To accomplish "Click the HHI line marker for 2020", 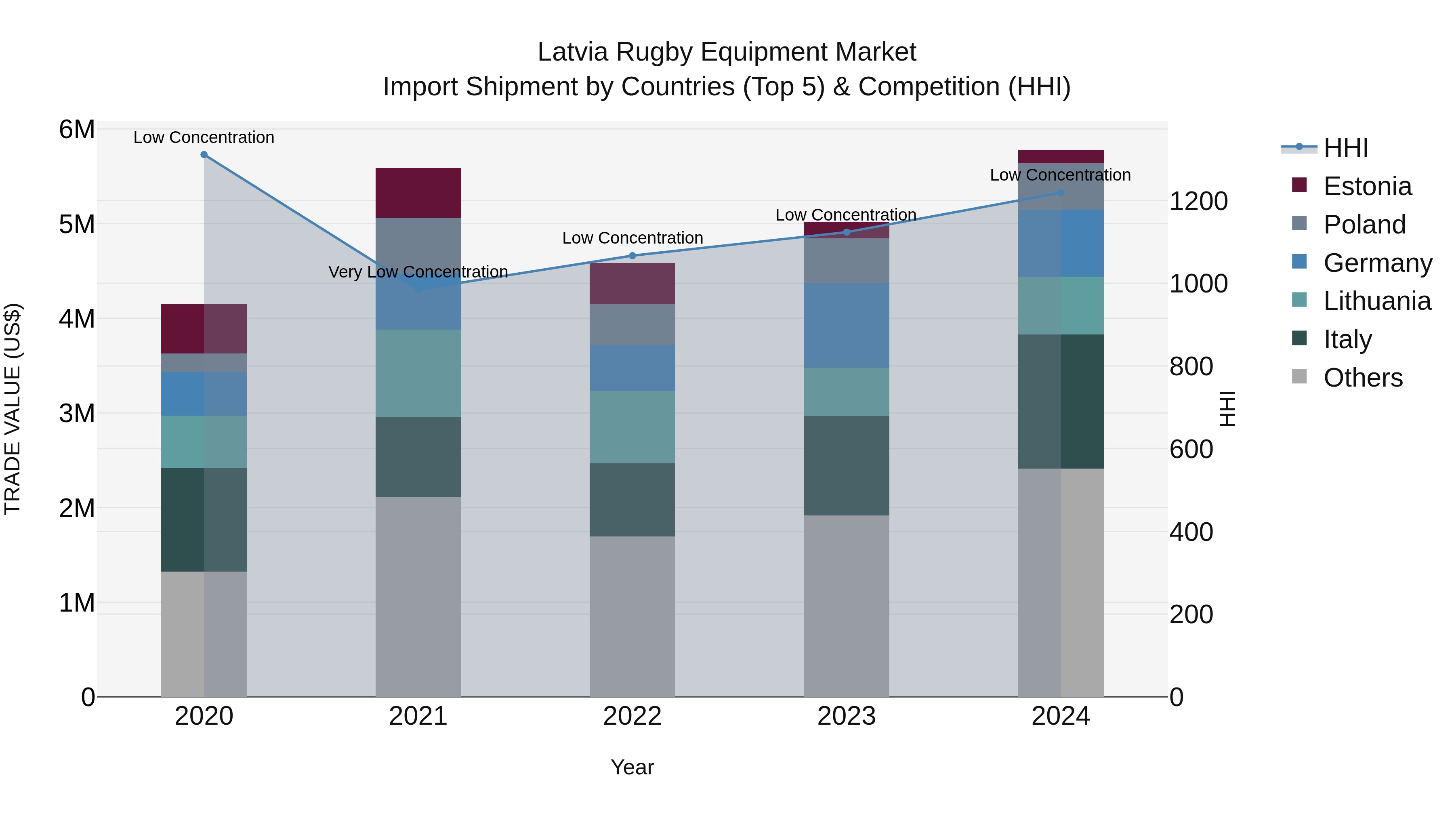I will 204,155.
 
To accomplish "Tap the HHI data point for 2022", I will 632,256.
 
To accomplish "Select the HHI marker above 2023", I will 846,232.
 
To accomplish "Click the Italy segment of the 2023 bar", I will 846,465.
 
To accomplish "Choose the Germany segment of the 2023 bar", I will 846,325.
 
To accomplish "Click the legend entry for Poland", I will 1364,225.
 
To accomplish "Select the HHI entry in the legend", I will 1346,148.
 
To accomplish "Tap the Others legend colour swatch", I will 1299,376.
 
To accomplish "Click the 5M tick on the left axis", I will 77,225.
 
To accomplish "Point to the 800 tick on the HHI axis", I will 1191,366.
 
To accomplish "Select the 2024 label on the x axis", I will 1060,716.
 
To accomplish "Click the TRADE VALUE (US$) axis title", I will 13,409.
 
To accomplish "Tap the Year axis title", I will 632,767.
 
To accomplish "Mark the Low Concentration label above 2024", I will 1060,175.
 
